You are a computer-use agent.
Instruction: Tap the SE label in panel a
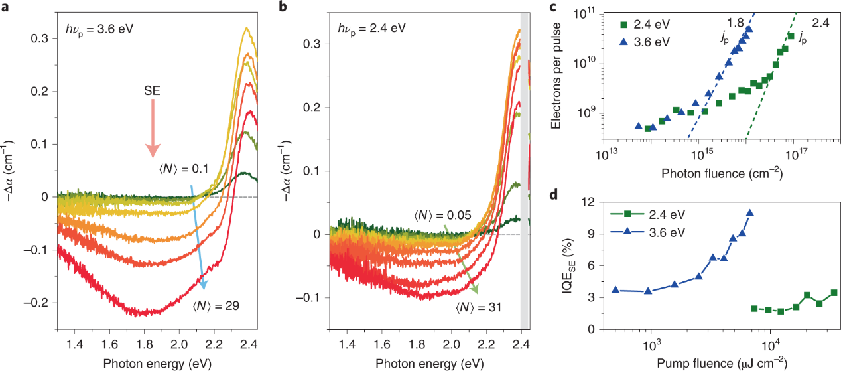(x=152, y=88)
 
